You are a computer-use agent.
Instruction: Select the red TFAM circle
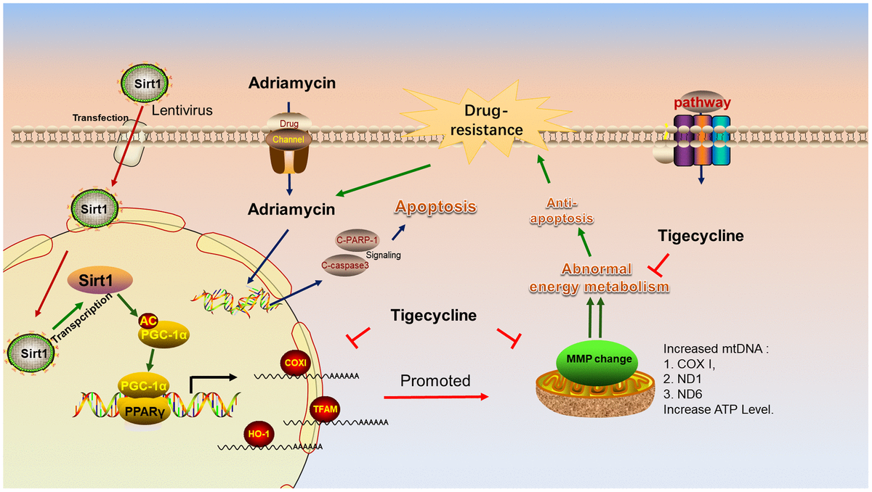pos(323,410)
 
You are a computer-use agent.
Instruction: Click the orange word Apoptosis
pos(435,207)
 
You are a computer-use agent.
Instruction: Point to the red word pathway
pos(701,102)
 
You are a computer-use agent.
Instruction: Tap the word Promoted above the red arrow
pos(435,380)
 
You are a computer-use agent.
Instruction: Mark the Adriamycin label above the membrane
pos(291,83)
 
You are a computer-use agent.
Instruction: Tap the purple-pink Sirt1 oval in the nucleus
pos(100,279)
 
